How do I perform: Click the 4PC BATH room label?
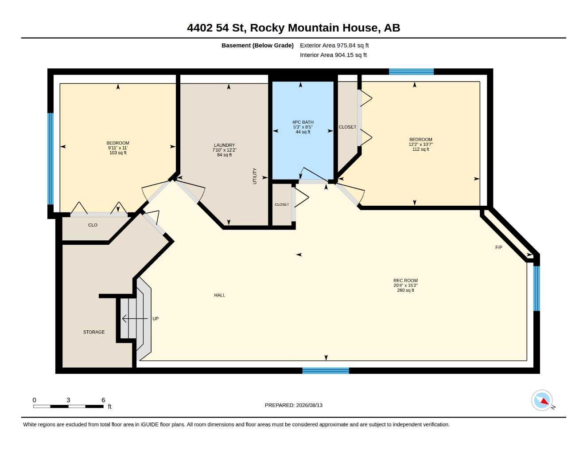point(303,122)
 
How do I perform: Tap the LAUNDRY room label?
point(224,145)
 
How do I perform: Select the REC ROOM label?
point(405,281)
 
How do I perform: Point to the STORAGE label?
point(94,332)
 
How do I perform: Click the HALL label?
point(220,295)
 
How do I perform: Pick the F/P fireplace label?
point(499,247)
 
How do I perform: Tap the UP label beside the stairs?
point(155,319)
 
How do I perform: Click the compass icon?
point(542,401)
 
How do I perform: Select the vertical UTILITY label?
point(254,176)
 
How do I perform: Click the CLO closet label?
point(93,225)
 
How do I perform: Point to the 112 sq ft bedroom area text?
point(420,149)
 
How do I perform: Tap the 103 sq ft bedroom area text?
point(118,153)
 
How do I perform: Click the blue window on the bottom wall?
point(326,371)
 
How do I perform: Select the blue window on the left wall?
point(51,159)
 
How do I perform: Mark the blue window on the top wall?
point(411,72)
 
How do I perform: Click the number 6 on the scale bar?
point(103,400)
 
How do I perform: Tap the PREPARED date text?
point(294,405)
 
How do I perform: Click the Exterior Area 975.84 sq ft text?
point(334,45)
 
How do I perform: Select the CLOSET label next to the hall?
point(282,204)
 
